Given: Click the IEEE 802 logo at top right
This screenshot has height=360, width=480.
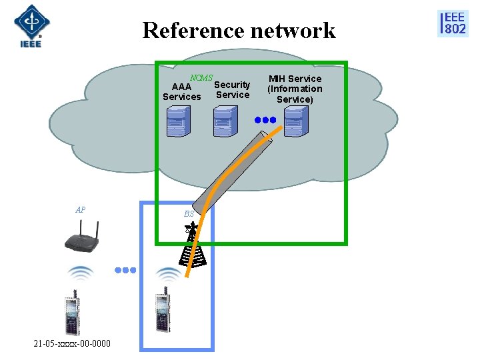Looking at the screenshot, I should tap(453, 23).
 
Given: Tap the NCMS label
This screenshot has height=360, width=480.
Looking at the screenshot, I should tap(201, 78).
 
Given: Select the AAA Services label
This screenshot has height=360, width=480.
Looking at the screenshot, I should tap(181, 92).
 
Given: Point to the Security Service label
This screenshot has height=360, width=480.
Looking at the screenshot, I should tap(232, 90).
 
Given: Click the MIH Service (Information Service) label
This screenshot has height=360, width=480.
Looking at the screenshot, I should tap(295, 89).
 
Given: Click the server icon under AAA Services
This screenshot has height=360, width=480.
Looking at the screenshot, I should tap(177, 122).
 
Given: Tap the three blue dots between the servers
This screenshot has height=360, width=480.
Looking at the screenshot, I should tap(265, 121).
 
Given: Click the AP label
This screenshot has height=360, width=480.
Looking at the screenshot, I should tap(80, 210).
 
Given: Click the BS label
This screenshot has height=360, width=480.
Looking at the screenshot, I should tap(189, 214).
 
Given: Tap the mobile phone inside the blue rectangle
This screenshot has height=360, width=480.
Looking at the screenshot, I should tap(161, 312).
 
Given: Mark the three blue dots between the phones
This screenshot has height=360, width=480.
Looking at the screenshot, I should tap(125, 271).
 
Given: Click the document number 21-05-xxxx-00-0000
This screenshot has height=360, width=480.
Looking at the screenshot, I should tap(72, 343).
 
